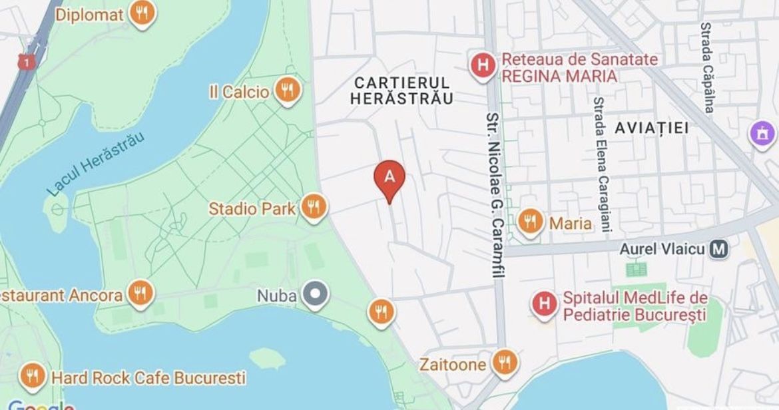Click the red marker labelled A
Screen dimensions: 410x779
click(389, 178)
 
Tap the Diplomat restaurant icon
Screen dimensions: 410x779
click(141, 13)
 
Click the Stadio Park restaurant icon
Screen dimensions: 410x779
click(312, 208)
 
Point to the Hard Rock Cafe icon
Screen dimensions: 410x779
click(32, 377)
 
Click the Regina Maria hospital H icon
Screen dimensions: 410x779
click(482, 66)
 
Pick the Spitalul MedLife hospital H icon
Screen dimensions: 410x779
click(545, 305)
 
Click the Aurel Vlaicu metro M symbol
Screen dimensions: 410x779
click(718, 250)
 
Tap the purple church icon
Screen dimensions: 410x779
click(762, 134)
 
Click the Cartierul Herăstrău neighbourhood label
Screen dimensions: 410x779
click(403, 91)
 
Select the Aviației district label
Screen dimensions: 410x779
click(652, 127)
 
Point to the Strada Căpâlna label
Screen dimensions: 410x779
click(707, 67)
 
